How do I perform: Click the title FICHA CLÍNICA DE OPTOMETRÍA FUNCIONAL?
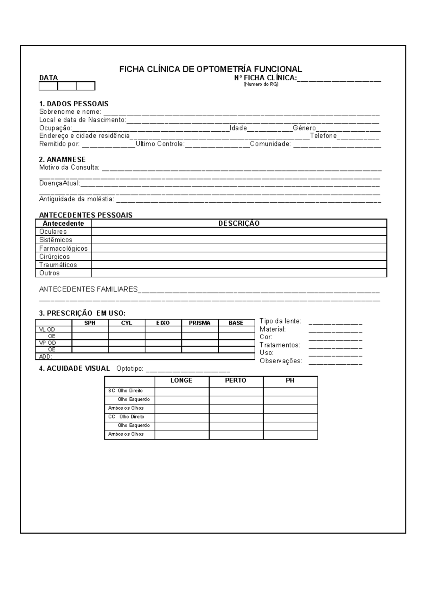coord(210,69)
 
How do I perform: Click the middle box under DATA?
coord(67,86)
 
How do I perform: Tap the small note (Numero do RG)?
coord(261,84)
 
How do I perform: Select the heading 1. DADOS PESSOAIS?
coord(74,104)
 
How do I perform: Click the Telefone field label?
coord(323,136)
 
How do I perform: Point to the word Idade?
coord(238,128)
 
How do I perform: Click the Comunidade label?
coord(270,144)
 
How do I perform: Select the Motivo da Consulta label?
coord(69,168)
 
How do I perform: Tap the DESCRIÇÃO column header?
coord(239,224)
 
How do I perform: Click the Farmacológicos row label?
coord(63,249)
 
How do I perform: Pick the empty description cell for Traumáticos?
coord(239,265)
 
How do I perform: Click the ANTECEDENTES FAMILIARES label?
coord(88,289)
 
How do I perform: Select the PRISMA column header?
coord(199,323)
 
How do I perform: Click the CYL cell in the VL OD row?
coord(127,330)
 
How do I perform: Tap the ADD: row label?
coord(46,357)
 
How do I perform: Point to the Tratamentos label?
coord(280,345)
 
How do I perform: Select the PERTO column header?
coord(236,381)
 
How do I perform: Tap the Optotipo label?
coord(130,369)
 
